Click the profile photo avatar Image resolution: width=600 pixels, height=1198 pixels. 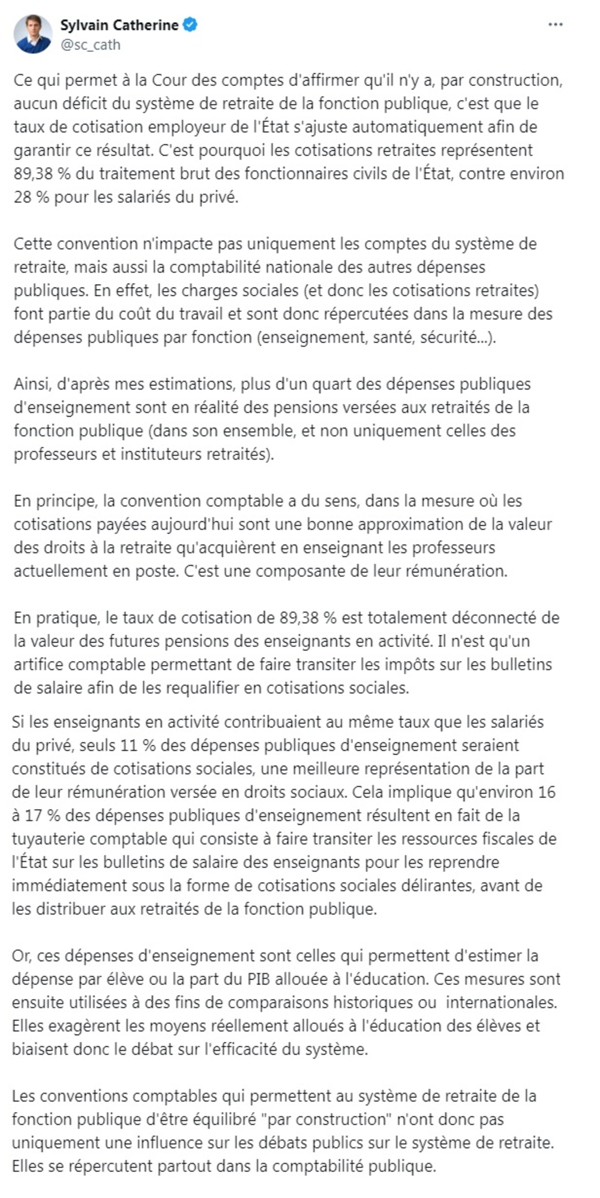pyautogui.click(x=32, y=34)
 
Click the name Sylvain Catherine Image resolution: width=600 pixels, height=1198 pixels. pyautogui.click(x=119, y=25)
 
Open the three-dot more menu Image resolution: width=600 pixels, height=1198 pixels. pyautogui.click(x=555, y=25)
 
